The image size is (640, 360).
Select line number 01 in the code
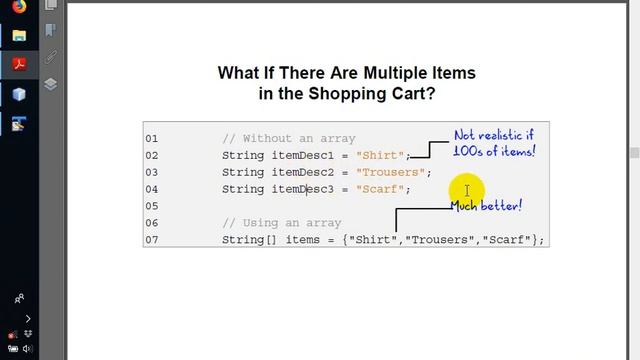click(152, 139)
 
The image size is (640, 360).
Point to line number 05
click(152, 206)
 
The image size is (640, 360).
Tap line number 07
click(152, 240)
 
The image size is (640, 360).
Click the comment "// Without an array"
click(289, 139)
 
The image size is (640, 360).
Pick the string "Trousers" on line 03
click(391, 173)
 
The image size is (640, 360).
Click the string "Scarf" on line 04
click(382, 190)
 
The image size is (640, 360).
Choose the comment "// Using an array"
click(281, 223)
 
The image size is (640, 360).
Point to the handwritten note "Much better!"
click(486, 206)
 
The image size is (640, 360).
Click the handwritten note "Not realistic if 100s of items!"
click(494, 143)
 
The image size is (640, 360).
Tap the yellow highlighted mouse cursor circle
click(466, 190)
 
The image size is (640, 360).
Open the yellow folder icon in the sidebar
click(18, 36)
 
